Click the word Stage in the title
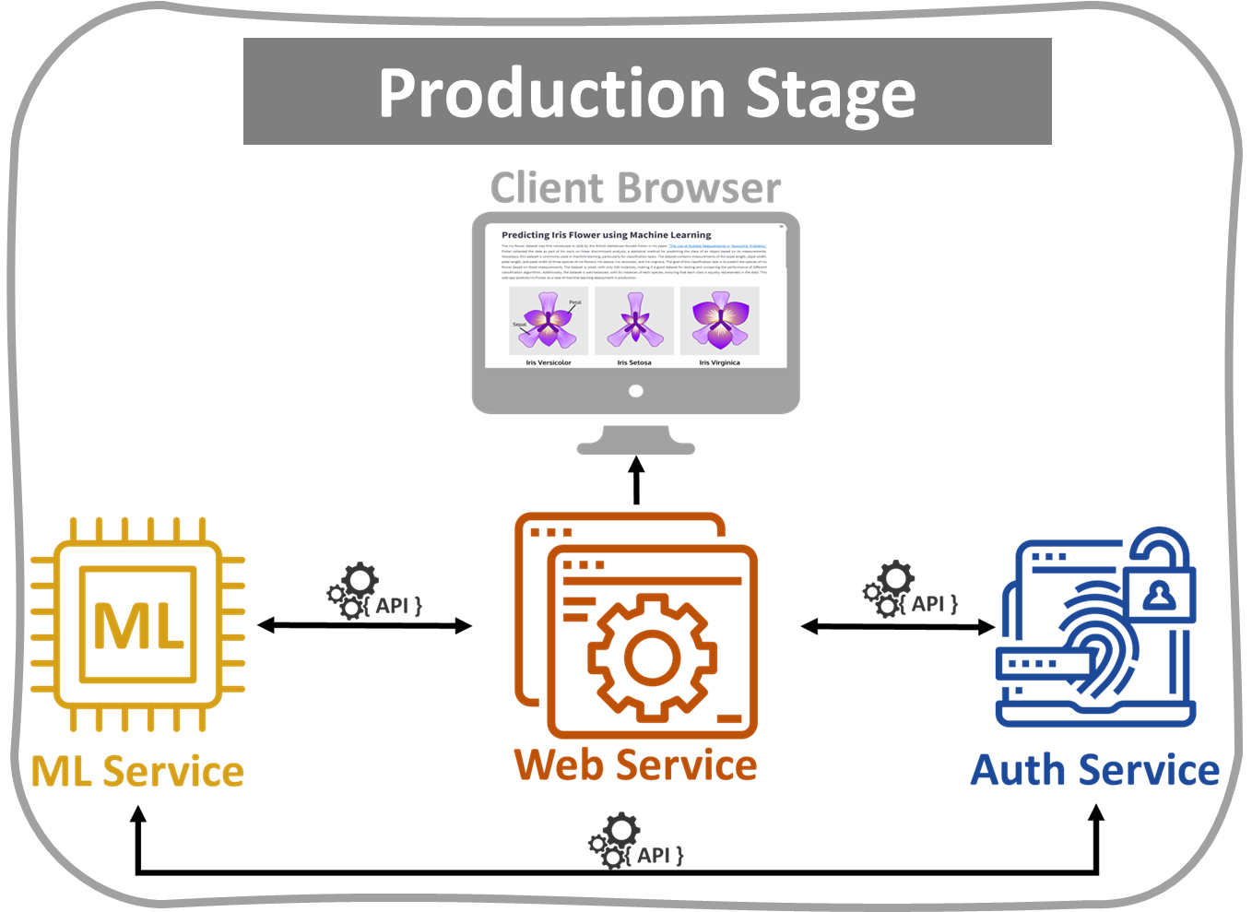830,96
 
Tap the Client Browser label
635,188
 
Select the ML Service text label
138,772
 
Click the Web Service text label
635,765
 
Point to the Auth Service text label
1095,771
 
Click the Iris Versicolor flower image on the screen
549,321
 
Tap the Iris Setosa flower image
634,321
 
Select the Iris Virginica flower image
719,321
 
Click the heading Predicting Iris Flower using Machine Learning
607,235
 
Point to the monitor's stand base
636,448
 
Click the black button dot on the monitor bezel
635,391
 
